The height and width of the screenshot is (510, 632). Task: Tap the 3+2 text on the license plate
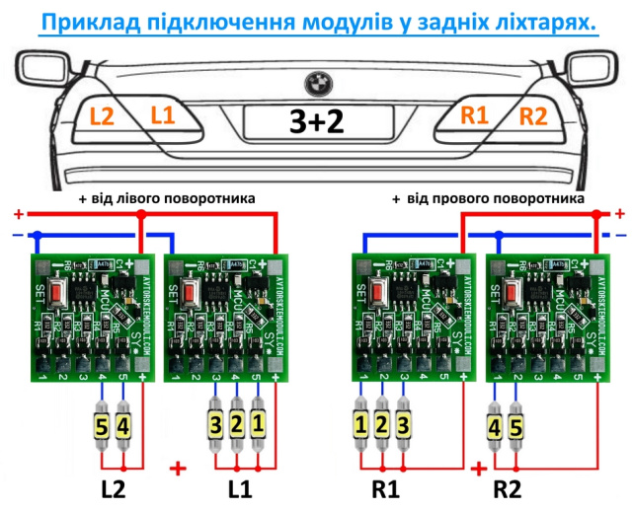317,121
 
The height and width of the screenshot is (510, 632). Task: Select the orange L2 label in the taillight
102,116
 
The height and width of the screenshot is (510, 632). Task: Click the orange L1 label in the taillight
162,116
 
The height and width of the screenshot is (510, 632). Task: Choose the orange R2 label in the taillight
532,116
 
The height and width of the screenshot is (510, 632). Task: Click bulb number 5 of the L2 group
103,427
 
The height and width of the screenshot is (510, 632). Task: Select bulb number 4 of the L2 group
123,427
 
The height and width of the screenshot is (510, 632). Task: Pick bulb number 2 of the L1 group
237,427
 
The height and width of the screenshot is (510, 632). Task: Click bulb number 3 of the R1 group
403,427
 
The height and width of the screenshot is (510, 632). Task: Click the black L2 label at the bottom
113,489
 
